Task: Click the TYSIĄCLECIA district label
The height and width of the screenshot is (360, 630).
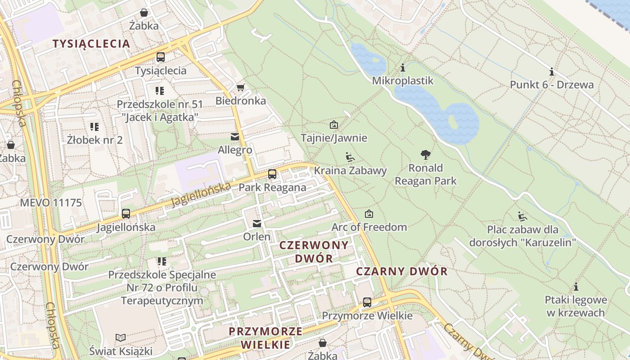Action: pyautogui.click(x=91, y=44)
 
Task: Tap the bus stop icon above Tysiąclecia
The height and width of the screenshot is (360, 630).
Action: pyautogui.click(x=161, y=57)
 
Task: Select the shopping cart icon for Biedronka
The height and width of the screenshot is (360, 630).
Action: pyautogui.click(x=241, y=87)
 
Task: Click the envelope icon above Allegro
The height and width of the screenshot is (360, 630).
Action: pyautogui.click(x=235, y=136)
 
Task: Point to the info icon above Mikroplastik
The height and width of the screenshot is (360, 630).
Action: pyautogui.click(x=403, y=68)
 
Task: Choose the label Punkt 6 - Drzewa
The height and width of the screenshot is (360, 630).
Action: pyautogui.click(x=552, y=85)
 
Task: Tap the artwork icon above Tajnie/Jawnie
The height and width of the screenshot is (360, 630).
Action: pyautogui.click(x=334, y=125)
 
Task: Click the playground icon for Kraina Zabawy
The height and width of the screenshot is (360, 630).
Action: pyautogui.click(x=350, y=157)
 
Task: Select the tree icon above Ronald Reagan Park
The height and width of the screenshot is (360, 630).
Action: pyautogui.click(x=425, y=155)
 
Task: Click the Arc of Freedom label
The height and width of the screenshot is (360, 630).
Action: pyautogui.click(x=369, y=227)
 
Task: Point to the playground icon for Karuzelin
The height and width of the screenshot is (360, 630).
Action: pyautogui.click(x=522, y=216)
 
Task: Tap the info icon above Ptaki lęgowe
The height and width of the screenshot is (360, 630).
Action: pyautogui.click(x=576, y=287)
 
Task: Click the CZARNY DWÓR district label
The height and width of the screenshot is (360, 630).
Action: pyautogui.click(x=402, y=271)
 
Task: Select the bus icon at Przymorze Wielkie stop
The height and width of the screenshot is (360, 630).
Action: pyautogui.click(x=367, y=302)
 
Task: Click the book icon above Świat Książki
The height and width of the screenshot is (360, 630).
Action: pyautogui.click(x=121, y=337)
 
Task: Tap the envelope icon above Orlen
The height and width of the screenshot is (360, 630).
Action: pyautogui.click(x=257, y=223)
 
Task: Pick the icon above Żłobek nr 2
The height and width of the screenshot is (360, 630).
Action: pyautogui.click(x=94, y=127)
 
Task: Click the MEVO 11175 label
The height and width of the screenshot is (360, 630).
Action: pyautogui.click(x=51, y=202)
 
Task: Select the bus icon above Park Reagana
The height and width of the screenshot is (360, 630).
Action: pyautogui.click(x=272, y=174)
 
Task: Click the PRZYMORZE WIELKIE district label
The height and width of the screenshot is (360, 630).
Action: pyautogui.click(x=265, y=338)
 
